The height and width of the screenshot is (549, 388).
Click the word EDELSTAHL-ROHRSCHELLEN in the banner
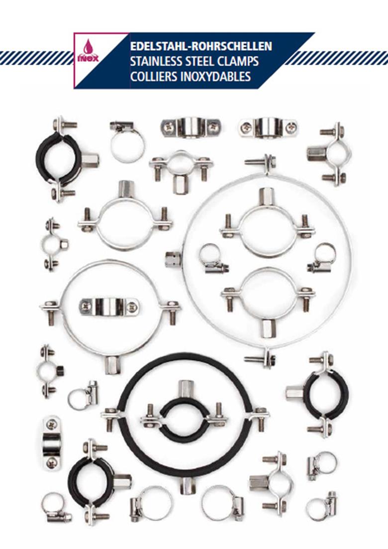[x=201, y=46]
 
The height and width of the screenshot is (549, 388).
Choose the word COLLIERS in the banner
[x=153, y=76]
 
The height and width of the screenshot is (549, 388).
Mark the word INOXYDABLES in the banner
[x=215, y=76]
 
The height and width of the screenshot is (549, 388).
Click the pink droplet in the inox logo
[x=88, y=45]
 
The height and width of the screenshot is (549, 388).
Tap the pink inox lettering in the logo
[x=88, y=58]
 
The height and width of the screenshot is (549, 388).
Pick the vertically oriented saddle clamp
[x=51, y=442]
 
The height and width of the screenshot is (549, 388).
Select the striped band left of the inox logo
[x=35, y=58]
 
